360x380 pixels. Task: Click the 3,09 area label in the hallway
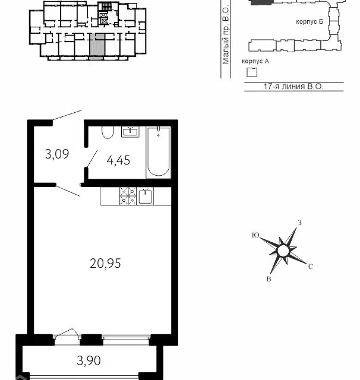(57, 154)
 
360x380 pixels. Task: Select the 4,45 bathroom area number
(118, 160)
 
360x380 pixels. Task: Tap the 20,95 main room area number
(105, 263)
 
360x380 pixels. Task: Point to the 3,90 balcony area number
(89, 360)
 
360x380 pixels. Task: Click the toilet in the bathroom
(108, 132)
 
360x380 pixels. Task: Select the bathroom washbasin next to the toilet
(130, 132)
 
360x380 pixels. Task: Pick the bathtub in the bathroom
(159, 152)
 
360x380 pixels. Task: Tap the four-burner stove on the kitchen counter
(128, 196)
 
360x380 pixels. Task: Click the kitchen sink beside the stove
(145, 196)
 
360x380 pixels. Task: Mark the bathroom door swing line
(92, 159)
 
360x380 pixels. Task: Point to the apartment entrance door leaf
(67, 115)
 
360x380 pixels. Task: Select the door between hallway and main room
(68, 191)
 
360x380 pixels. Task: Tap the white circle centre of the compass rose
(283, 251)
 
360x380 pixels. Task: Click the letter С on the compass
(311, 267)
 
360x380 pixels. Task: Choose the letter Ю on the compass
(255, 235)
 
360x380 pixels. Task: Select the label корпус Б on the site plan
(310, 21)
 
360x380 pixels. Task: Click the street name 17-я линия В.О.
(293, 87)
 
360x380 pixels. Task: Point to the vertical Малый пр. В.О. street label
(226, 34)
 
